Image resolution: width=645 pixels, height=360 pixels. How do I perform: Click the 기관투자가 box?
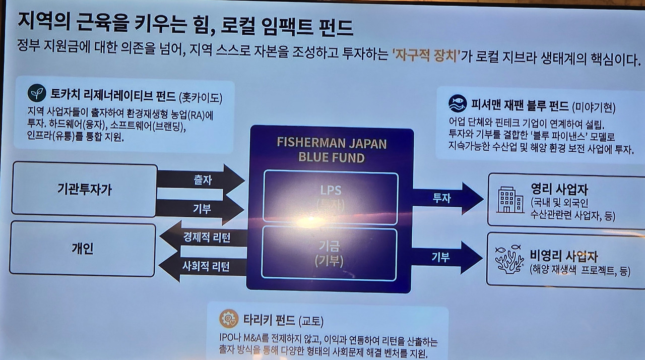tap(84, 190)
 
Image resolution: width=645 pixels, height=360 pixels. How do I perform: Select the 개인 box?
tap(82, 249)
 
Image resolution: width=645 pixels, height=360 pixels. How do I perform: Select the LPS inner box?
tap(331, 197)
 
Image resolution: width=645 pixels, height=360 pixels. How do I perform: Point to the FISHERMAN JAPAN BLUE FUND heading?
tap(331, 150)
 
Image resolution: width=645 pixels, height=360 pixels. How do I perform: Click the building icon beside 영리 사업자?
tap(510, 200)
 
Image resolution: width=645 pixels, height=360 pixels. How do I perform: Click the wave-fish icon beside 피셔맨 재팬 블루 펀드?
tap(458, 104)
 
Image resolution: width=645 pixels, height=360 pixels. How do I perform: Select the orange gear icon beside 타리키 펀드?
tap(229, 319)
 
